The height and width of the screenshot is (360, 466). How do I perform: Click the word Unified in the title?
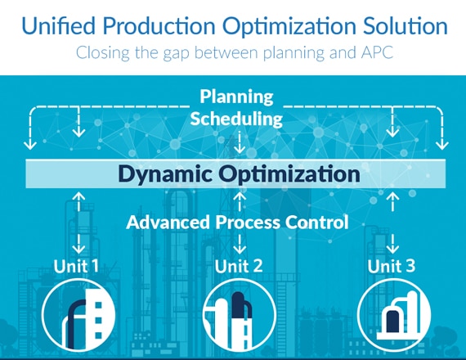pos(59,25)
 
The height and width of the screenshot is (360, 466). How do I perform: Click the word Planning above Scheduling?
pos(236,97)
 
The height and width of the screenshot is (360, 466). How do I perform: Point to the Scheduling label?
pos(236,119)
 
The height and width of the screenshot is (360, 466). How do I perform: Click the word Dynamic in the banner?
pos(165,173)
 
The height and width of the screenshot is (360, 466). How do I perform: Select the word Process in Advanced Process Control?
pos(248,223)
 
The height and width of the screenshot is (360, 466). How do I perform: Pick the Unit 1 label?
pos(76,266)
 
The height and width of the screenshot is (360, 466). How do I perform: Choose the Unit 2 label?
pos(239,266)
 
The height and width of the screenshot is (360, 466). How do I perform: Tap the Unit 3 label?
pos(391,266)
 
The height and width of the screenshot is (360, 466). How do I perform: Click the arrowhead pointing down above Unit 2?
pos(240,250)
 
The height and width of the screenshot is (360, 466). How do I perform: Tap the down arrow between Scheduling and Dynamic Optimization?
pos(240,143)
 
